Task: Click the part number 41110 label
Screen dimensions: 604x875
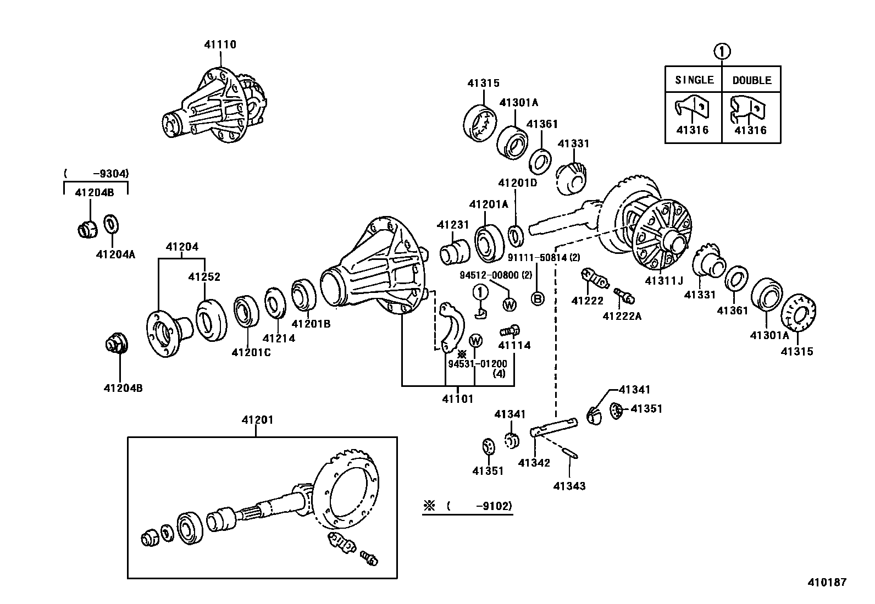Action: coord(220,45)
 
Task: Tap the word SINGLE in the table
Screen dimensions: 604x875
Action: coord(694,80)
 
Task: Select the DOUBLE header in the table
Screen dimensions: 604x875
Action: coord(751,80)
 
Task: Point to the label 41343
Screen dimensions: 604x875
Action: coord(569,486)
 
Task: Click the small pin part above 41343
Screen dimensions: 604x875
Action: coord(569,453)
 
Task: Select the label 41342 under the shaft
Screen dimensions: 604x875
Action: coord(534,463)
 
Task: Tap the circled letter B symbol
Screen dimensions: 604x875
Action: coord(538,298)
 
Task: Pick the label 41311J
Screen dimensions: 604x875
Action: coord(663,281)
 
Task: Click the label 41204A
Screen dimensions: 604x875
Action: coord(115,254)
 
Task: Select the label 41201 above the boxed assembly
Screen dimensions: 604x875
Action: coord(257,420)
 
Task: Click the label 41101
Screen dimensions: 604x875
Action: coord(457,399)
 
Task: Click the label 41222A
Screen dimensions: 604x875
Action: coord(622,316)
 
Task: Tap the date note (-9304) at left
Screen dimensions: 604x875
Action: coord(96,174)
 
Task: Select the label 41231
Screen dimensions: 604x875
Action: coord(453,225)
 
